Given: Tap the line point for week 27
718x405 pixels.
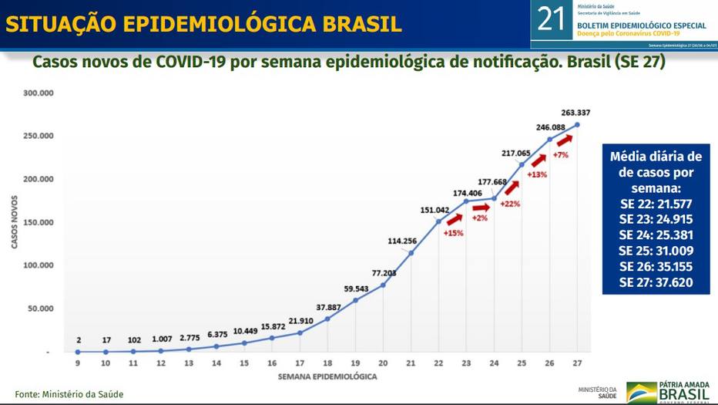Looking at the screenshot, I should click(577, 124).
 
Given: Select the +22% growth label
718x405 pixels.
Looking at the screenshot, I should click(510, 204).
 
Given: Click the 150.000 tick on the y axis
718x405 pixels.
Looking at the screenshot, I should click(37, 222).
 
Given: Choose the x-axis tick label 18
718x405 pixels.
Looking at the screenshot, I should click(327, 363).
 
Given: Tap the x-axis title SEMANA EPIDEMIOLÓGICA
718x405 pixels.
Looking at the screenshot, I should click(327, 376).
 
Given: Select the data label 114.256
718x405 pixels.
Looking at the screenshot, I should click(401, 241).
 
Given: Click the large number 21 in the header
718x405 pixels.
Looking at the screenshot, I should click(551, 19).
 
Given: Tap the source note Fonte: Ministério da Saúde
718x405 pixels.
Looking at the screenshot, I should click(69, 394).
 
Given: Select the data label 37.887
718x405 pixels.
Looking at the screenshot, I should click(328, 305).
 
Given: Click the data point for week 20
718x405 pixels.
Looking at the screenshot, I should click(383, 285).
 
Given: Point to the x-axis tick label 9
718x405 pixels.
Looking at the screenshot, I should click(78, 363).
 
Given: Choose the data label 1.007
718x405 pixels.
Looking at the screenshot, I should click(161, 339).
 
